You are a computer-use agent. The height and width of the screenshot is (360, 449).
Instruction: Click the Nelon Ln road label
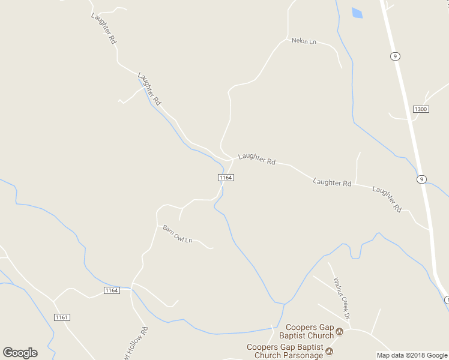coord(304,41)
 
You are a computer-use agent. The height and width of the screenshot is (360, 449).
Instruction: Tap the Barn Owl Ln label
coord(177,234)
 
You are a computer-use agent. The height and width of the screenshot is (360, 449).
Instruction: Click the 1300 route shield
coord(421,109)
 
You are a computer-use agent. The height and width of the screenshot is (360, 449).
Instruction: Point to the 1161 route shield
coord(62,317)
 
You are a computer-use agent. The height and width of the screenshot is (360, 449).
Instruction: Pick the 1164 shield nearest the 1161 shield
coord(111,290)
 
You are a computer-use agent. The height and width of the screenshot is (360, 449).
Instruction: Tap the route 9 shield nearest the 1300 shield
coord(394,56)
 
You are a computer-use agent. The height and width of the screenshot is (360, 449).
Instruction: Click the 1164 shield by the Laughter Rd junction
coord(226,178)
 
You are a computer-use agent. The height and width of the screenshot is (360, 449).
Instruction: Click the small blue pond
coord(357,13)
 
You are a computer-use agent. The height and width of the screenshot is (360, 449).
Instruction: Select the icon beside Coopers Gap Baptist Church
coord(339,331)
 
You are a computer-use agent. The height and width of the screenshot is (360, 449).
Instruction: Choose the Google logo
coord(20,353)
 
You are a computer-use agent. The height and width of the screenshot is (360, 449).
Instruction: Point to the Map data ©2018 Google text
coord(412,355)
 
